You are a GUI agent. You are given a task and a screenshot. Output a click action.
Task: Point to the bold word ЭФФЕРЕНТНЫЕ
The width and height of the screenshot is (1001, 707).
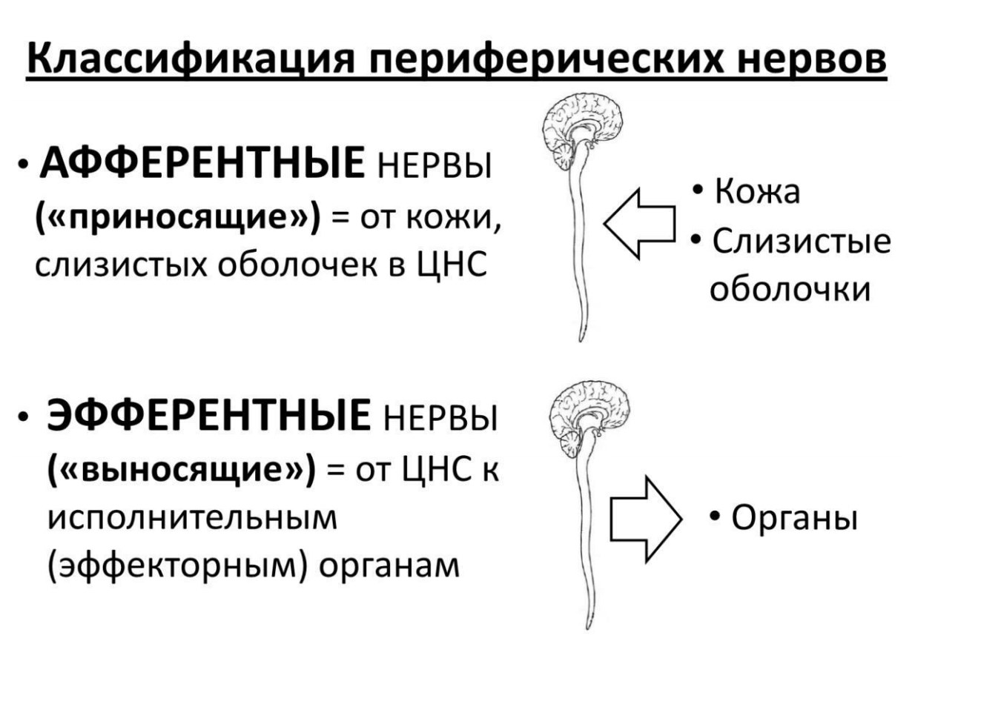click(208, 415)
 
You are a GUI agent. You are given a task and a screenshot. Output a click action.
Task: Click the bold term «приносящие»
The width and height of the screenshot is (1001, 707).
click(178, 219)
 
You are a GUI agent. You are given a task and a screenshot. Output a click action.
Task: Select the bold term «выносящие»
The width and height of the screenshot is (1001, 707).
click(182, 470)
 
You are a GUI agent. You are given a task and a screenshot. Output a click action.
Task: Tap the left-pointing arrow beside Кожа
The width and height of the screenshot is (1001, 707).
click(640, 224)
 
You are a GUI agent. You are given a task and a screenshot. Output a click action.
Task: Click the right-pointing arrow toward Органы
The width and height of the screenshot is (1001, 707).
click(646, 519)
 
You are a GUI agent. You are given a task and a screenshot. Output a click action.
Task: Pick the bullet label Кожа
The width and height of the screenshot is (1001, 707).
click(757, 191)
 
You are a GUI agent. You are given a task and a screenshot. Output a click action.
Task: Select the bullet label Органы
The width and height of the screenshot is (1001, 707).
click(794, 518)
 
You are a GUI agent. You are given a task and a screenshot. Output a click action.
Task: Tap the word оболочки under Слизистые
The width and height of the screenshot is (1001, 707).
click(790, 290)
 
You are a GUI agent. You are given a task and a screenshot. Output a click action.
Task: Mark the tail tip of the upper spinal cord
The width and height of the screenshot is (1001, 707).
click(581, 341)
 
